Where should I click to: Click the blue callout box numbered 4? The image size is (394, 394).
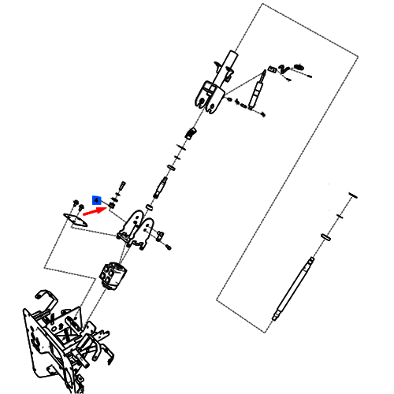97,200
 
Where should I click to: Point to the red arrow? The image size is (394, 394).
95,211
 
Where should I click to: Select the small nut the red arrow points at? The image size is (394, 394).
111,206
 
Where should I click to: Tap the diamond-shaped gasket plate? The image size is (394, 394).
76,220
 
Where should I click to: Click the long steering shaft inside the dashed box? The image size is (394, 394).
293,288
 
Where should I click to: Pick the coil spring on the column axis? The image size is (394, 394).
191,133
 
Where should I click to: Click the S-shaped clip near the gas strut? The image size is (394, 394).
284,69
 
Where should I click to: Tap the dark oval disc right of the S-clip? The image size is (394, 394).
299,67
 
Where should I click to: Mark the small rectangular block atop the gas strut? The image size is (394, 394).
272,69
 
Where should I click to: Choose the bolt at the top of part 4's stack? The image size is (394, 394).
122,186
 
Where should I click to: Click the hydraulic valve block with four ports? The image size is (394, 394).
113,276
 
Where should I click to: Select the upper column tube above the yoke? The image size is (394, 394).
230,65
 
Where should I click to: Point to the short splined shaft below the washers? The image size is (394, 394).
160,188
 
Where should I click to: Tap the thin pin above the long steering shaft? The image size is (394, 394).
353,195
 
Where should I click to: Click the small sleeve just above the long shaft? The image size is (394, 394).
325,236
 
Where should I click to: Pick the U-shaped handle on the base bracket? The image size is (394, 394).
49,300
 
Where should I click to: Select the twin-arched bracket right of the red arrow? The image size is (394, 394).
136,229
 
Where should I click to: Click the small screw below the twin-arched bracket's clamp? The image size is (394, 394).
169,247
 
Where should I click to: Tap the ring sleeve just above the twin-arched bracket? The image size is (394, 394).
150,207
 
